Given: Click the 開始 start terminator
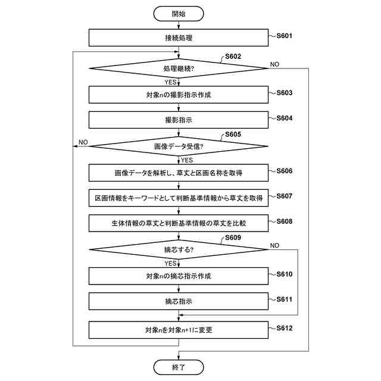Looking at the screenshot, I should pyautogui.click(x=179, y=13).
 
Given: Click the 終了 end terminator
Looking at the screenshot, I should pyautogui.click(x=179, y=367).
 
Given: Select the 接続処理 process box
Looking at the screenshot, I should pyautogui.click(x=179, y=38).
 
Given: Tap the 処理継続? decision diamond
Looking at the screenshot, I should pyautogui.click(x=179, y=69).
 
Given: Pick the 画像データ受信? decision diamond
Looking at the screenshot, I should pyautogui.click(x=179, y=146).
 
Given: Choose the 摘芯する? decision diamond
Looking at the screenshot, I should pyautogui.click(x=179, y=249).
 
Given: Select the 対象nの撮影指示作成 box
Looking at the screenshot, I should pyautogui.click(x=179, y=95).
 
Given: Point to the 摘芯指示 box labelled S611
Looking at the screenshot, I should pyautogui.click(x=179, y=301).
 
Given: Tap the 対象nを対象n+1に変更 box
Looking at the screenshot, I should pyautogui.click(x=179, y=330).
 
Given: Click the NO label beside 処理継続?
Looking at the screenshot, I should pyautogui.click(x=275, y=64).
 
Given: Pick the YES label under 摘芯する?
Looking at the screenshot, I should pyautogui.click(x=170, y=263).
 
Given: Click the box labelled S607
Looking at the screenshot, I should pyautogui.click(x=179, y=198).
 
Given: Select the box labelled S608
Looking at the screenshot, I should pyautogui.click(x=179, y=223).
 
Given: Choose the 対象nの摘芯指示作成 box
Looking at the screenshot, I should pyautogui.click(x=179, y=276).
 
